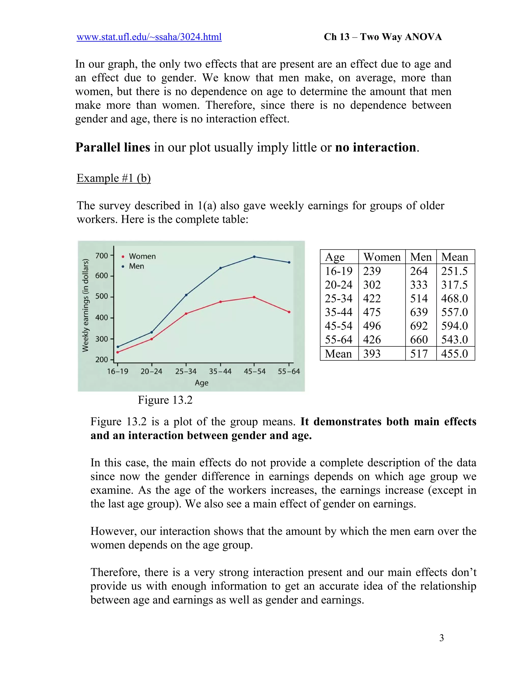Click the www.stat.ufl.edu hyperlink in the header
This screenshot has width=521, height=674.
[x=149, y=37]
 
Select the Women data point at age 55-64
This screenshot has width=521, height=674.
[x=289, y=312]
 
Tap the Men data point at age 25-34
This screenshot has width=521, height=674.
[x=186, y=295]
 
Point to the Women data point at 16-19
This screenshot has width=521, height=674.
[x=118, y=352]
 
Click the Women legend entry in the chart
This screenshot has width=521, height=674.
[x=141, y=256]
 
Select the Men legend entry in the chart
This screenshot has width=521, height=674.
[x=136, y=266]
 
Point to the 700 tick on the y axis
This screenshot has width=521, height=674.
[x=102, y=256]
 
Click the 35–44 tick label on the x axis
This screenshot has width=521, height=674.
[x=220, y=372]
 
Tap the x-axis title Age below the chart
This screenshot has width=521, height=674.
[x=201, y=383]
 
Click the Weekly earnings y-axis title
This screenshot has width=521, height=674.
[x=85, y=305]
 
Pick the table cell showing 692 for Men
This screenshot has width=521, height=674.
[x=419, y=326]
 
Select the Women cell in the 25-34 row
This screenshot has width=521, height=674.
[x=372, y=298]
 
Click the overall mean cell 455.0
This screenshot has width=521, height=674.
[x=454, y=354]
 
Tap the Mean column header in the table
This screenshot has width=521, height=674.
[x=454, y=257]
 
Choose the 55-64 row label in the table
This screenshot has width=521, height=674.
[x=339, y=340]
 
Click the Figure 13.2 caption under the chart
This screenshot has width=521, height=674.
[x=165, y=400]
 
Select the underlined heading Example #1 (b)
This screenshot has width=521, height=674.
[x=113, y=178]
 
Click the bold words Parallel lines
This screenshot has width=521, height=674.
[x=113, y=148]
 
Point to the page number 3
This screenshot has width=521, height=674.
[x=441, y=638]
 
